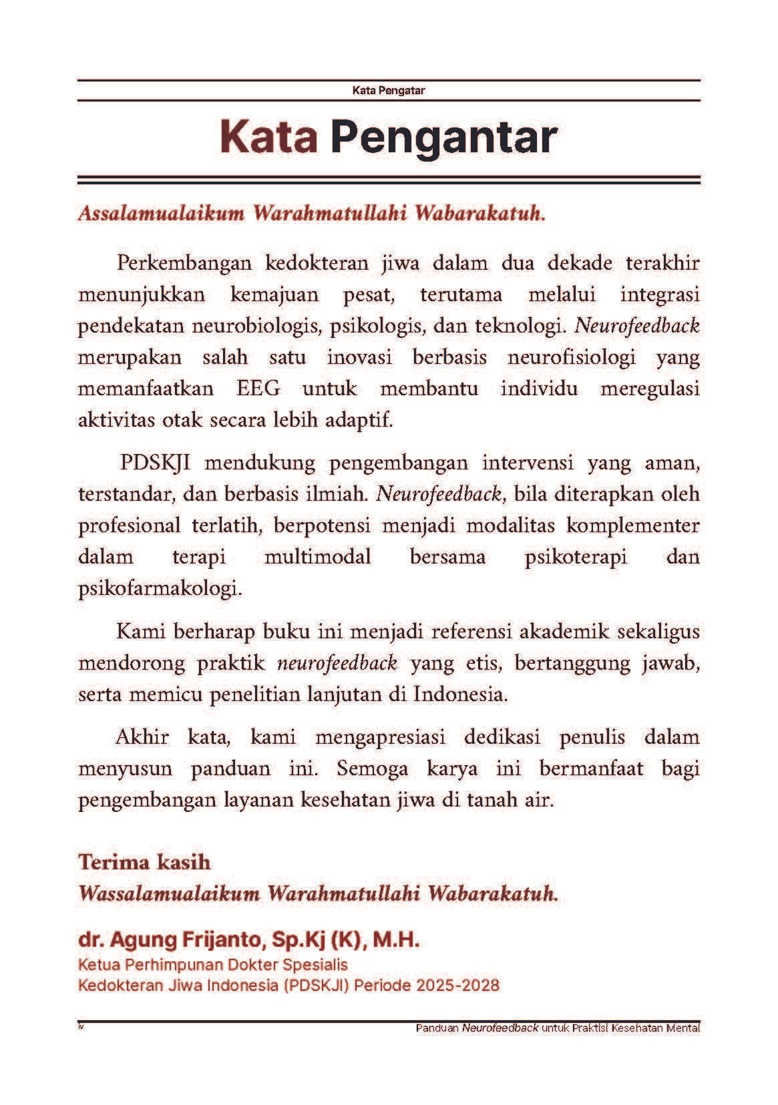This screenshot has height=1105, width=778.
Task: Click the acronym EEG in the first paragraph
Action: pos(258,389)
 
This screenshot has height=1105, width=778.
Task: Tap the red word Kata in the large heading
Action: pos(268,137)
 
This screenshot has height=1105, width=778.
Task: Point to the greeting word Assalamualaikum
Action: pos(160,214)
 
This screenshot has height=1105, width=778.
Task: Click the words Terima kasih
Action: pos(144,862)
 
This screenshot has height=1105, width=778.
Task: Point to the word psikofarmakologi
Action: pos(159,590)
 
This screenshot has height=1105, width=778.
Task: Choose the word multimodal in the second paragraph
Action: pos(317,557)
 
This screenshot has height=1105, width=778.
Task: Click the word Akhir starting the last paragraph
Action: pos(142,737)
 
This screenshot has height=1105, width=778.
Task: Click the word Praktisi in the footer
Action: pos(588,1028)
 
